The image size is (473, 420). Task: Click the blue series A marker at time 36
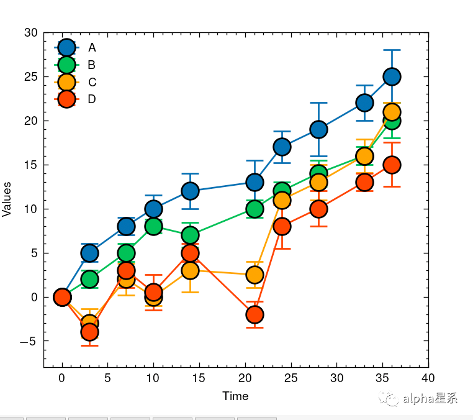[392, 76]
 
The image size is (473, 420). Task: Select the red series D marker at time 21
[255, 314]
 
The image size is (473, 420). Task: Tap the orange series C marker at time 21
[255, 275]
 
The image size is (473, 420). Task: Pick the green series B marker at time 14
[190, 235]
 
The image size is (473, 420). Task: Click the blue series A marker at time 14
[190, 191]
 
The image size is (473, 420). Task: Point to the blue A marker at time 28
[318, 129]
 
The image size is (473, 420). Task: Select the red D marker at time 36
[392, 165]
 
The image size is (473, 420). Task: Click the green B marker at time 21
[255, 209]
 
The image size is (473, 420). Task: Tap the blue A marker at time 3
[89, 253]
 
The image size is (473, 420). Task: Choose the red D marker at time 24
[282, 226]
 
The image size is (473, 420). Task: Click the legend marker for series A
[66, 47]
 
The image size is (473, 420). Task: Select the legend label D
[92, 99]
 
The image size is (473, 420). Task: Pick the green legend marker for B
[66, 65]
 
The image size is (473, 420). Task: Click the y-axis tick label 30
[31, 33]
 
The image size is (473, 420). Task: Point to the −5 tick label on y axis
[29, 341]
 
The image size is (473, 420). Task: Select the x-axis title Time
[235, 396]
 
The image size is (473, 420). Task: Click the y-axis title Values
[7, 199]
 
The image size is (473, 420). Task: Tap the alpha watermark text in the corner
[430, 399]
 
